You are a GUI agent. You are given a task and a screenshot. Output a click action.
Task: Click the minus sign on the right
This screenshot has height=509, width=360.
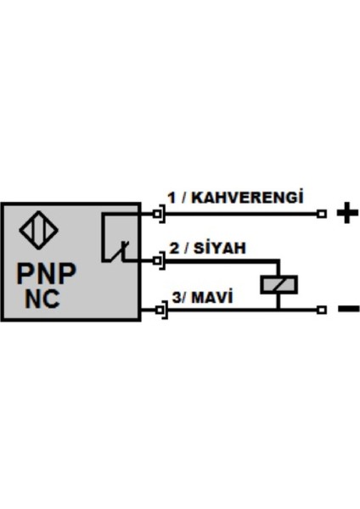tap(348, 309)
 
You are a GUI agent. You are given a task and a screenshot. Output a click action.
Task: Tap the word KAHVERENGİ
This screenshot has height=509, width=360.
tap(247, 197)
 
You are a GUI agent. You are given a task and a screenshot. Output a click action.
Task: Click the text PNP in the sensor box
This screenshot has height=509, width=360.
tap(48, 274)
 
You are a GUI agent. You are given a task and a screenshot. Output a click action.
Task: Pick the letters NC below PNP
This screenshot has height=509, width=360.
tap(42, 299)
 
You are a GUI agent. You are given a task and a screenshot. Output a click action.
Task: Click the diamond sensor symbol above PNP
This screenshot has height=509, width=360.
tap(35, 229)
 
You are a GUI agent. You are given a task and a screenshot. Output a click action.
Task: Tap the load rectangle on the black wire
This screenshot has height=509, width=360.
tap(276, 284)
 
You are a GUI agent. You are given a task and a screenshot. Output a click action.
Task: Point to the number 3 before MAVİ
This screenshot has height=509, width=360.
tap(177, 298)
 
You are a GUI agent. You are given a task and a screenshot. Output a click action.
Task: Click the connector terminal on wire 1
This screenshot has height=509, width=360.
tap(158, 213)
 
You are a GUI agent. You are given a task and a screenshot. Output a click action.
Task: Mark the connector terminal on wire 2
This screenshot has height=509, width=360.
tap(158, 260)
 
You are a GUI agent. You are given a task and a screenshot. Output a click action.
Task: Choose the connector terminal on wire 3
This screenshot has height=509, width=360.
tap(158, 310)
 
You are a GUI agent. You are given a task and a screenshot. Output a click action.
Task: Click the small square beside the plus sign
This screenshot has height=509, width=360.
tap(322, 213)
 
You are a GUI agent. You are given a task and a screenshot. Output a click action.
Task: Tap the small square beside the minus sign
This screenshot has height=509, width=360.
tap(322, 310)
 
